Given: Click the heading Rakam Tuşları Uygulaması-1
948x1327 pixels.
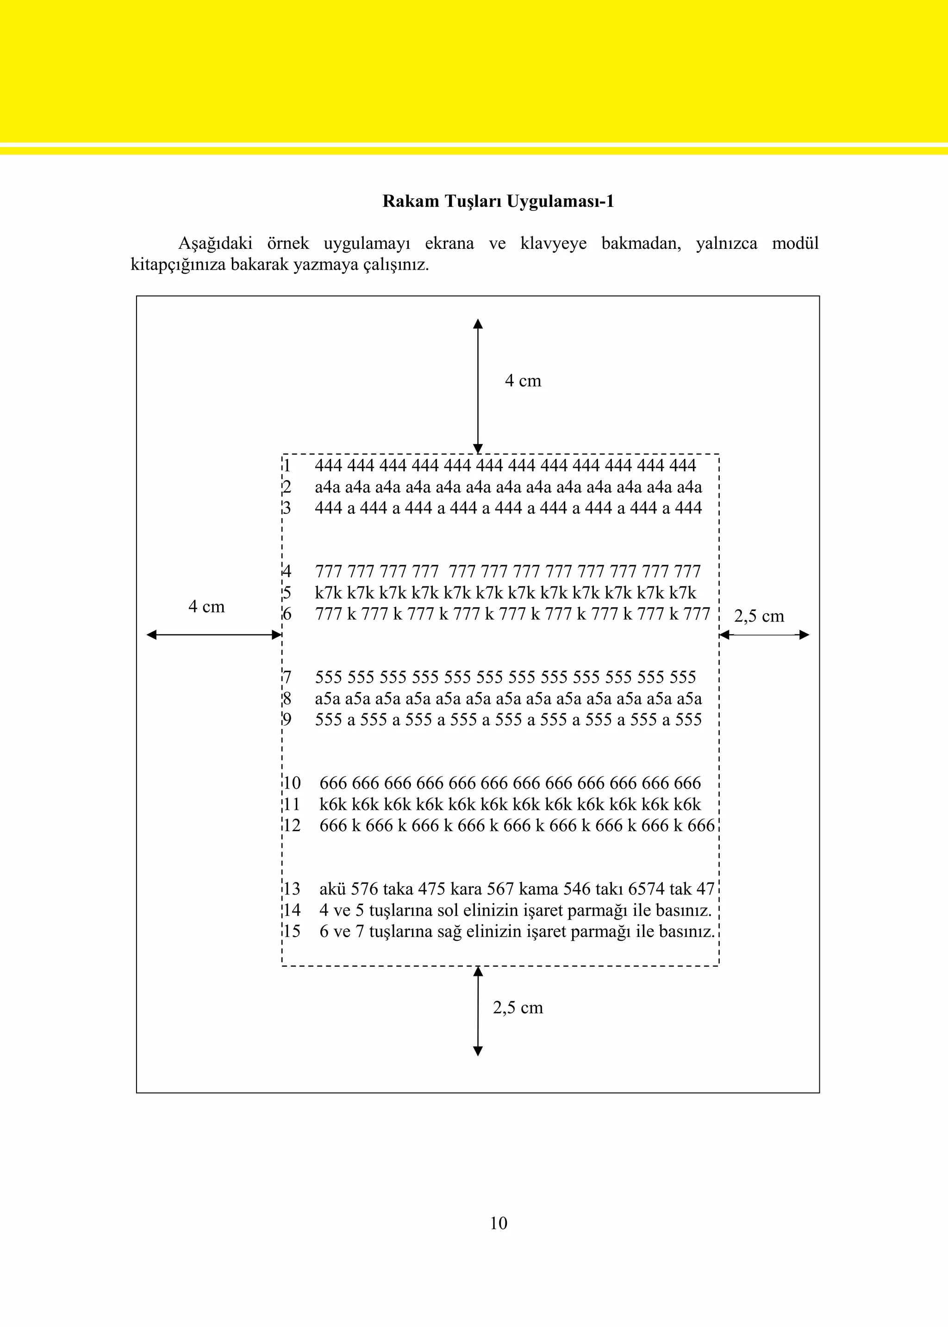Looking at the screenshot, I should coord(498,201).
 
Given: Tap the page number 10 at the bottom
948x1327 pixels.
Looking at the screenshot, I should coord(499,1222).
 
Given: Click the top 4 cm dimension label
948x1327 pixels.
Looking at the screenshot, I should coord(523,381).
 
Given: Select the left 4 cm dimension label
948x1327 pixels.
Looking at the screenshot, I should coord(206,607).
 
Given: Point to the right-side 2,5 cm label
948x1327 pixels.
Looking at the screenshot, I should coord(758,616).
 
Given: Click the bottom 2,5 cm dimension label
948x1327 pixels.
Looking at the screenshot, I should coord(518,1007).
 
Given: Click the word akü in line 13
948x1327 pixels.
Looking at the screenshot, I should coord(332,889).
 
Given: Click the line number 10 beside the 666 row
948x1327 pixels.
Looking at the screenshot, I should coord(291,784).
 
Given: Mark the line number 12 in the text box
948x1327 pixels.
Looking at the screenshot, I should coord(291,825).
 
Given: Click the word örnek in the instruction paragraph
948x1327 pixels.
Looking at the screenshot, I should coord(288,243).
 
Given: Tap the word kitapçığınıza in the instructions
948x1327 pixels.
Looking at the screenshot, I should coord(177,265).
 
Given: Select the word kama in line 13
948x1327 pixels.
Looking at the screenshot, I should coord(538,889).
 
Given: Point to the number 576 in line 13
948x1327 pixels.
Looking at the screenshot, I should coord(365,889).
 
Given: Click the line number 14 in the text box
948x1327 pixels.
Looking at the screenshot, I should coord(291,910).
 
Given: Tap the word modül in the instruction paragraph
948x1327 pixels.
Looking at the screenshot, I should coord(795,243).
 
